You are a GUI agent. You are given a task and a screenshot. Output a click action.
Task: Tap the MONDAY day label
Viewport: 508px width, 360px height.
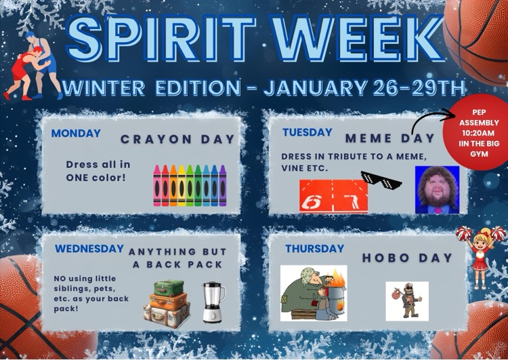(x=76, y=134)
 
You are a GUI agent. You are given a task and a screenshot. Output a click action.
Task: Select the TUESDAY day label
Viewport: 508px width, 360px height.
(x=307, y=133)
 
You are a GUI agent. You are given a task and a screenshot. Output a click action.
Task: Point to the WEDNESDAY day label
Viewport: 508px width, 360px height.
(x=89, y=249)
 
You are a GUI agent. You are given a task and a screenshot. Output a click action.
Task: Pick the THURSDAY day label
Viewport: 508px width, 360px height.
(x=314, y=249)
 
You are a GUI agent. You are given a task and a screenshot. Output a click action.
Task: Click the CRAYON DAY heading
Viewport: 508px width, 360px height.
(x=177, y=140)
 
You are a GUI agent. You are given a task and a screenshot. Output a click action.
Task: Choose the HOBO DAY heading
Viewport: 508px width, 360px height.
(x=406, y=258)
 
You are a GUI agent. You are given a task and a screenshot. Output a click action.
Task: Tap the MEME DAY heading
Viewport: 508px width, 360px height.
(x=389, y=138)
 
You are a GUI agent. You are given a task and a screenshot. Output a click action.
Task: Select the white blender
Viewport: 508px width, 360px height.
(x=213, y=302)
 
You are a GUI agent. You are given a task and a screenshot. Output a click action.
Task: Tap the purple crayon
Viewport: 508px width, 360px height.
(x=223, y=185)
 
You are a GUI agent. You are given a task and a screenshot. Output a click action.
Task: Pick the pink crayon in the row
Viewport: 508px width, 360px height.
(x=157, y=185)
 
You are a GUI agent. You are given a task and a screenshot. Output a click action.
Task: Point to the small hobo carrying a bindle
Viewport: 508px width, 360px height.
(x=406, y=300)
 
